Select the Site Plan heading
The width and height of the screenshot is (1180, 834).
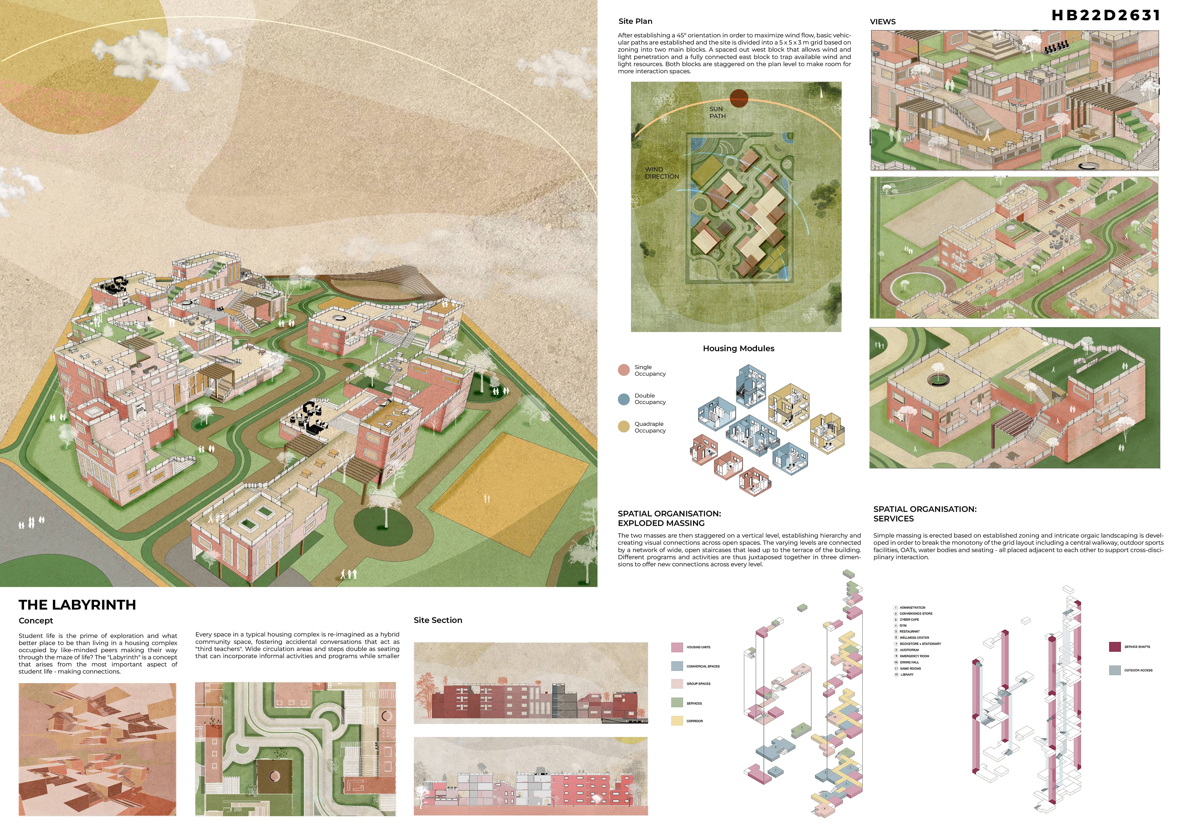click(x=635, y=21)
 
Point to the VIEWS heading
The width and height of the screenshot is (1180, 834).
click(x=882, y=22)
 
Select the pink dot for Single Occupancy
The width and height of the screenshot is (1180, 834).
click(x=623, y=370)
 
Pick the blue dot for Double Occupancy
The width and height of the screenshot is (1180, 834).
click(x=623, y=399)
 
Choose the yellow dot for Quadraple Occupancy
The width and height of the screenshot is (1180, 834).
click(x=623, y=427)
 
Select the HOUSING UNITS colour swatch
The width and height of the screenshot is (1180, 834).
click(x=677, y=647)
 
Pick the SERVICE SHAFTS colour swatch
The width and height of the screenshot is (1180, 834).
click(x=1115, y=647)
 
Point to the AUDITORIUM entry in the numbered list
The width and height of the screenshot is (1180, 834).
click(x=909, y=650)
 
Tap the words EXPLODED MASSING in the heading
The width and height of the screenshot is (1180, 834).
click(x=661, y=524)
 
